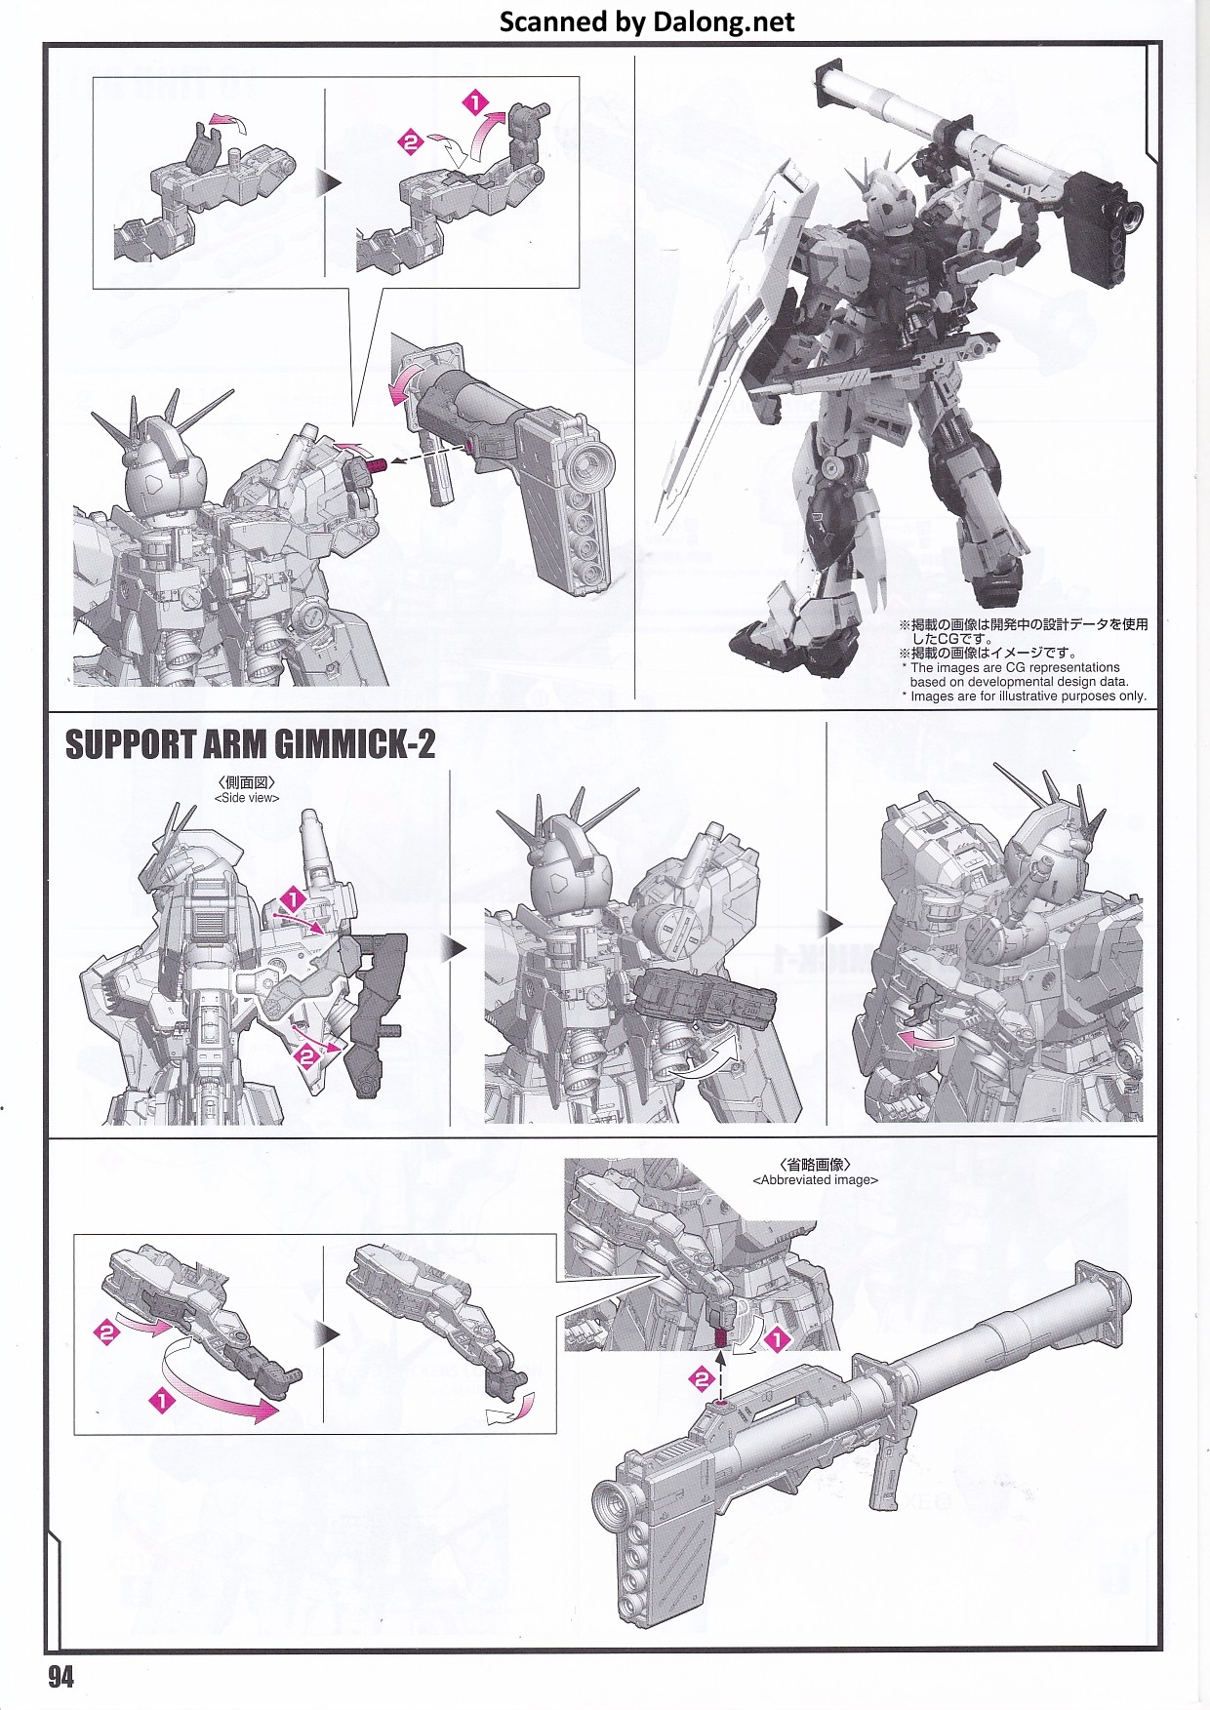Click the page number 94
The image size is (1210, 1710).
(x=60, y=1676)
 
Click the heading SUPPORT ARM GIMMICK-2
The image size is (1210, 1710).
(x=250, y=744)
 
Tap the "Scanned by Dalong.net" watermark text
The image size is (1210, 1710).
(x=647, y=21)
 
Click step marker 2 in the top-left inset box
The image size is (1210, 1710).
(x=410, y=142)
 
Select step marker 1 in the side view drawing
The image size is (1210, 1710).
(x=293, y=899)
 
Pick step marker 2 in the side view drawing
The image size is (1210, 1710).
(x=307, y=1055)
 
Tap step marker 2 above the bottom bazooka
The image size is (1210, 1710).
(x=702, y=1378)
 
